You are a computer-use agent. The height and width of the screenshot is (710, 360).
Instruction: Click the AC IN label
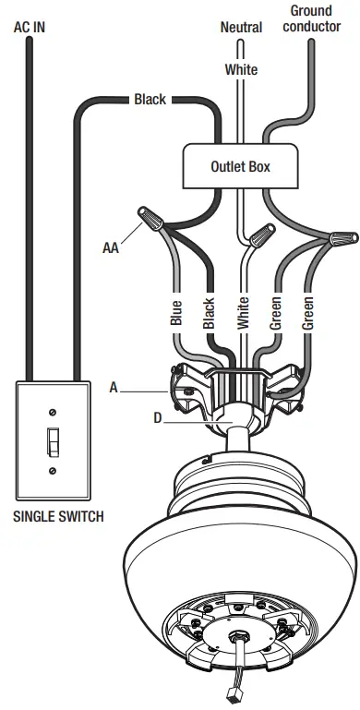[x=29, y=28]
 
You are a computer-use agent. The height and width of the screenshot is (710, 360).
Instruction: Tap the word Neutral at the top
[x=241, y=28]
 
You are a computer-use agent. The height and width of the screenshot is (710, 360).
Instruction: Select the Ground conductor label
[x=311, y=18]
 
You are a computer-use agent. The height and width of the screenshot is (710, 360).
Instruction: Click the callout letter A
[x=114, y=389]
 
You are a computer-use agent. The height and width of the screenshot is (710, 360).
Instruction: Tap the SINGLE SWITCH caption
[x=57, y=517]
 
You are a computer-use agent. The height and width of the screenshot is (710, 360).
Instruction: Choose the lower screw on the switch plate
[x=54, y=472]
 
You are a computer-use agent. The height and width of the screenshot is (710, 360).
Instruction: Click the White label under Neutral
[x=241, y=70]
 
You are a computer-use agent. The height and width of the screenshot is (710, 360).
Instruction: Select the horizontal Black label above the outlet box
[x=150, y=99]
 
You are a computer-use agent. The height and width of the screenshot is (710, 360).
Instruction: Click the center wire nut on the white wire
[x=264, y=230]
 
